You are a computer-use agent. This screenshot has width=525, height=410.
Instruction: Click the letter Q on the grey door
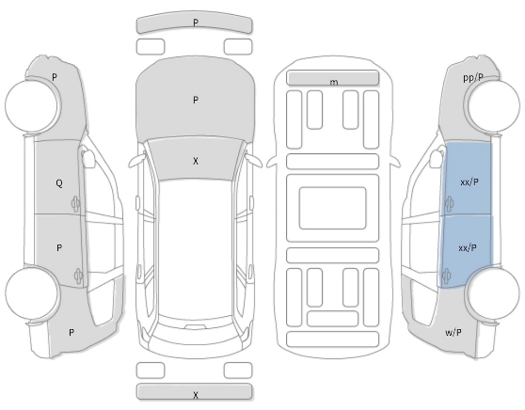pos(59,183)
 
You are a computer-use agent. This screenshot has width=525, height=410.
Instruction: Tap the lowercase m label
pos(333,83)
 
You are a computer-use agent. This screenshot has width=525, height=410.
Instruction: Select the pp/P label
pos(473,78)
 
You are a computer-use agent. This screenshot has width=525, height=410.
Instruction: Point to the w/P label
pos(453,332)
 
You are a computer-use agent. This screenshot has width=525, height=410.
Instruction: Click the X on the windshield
pos(196,161)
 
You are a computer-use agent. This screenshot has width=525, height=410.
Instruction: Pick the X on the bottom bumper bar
pos(196,395)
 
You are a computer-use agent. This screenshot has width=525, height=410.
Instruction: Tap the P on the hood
pos(196,100)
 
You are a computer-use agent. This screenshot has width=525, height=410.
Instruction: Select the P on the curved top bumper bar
pos(196,23)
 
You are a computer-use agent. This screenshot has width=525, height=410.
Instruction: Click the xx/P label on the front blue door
pos(469,182)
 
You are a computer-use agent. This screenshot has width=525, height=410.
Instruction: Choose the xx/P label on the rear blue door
pos(468,248)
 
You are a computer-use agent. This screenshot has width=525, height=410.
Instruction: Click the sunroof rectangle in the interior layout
pos(332,208)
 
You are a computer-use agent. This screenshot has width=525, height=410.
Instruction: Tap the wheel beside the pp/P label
pos(493,106)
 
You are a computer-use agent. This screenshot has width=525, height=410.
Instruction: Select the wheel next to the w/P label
pos(493,293)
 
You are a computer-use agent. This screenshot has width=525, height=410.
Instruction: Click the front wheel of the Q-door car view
pos(32,104)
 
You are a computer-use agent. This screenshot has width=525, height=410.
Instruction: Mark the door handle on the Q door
pos(75,203)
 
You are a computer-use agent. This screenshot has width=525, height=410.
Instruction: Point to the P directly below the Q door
pos(59,247)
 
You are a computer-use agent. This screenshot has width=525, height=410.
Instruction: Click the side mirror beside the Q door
pos(87,158)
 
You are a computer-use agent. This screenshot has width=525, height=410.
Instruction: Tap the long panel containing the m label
pos(333,78)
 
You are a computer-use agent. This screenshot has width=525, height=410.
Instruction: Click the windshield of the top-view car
pos(196,159)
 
